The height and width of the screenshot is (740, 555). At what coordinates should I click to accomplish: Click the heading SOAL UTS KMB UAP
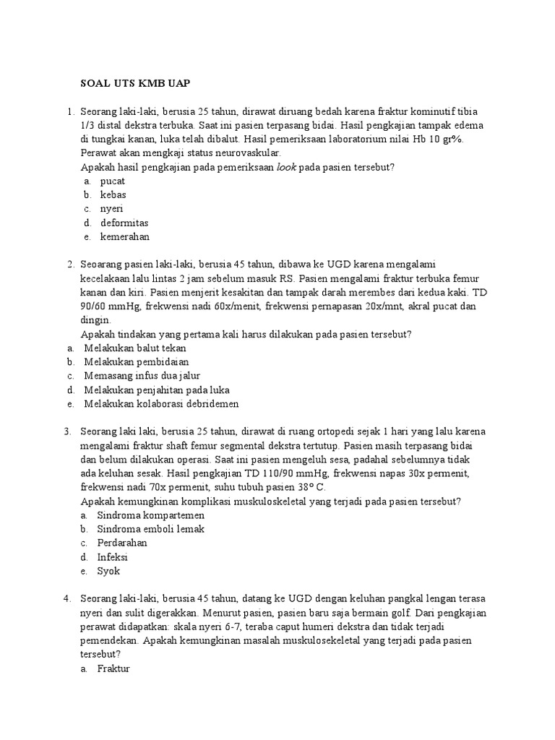pyautogui.click(x=134, y=83)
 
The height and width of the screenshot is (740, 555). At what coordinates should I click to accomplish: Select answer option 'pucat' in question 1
pyautogui.click(x=113, y=181)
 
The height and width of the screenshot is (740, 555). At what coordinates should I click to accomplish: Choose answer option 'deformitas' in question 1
pyautogui.click(x=124, y=223)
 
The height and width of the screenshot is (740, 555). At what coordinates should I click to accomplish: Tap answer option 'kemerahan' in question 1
pyautogui.click(x=124, y=236)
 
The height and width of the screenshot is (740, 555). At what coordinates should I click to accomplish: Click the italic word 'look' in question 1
pyautogui.click(x=286, y=168)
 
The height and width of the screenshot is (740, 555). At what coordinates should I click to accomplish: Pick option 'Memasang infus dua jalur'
pyautogui.click(x=142, y=376)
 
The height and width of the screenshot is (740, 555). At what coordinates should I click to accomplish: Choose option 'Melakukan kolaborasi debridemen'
pyautogui.click(x=161, y=403)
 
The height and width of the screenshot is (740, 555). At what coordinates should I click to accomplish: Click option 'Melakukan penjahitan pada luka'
pyautogui.click(x=157, y=390)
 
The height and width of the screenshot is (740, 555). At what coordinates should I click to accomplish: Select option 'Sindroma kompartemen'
pyautogui.click(x=152, y=515)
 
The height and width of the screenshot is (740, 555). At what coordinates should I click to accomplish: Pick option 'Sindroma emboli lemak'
pyautogui.click(x=152, y=529)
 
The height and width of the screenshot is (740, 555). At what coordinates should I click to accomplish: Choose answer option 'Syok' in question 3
pyautogui.click(x=109, y=570)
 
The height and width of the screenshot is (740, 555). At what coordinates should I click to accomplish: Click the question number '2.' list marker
pyautogui.click(x=71, y=264)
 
